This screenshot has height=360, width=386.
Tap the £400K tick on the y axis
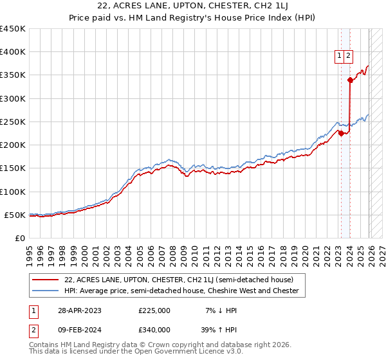point(13,52)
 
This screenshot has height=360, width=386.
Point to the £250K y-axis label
point(13,122)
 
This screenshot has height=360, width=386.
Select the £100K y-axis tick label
point(13,192)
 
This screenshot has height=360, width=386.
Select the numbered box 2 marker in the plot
point(348,56)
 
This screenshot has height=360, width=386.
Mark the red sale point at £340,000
point(350,80)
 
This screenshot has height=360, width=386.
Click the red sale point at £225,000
point(341,133)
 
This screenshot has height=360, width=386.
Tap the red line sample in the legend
point(46,280)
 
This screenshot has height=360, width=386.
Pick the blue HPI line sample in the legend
point(46,291)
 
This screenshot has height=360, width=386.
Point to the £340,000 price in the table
point(154,332)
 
